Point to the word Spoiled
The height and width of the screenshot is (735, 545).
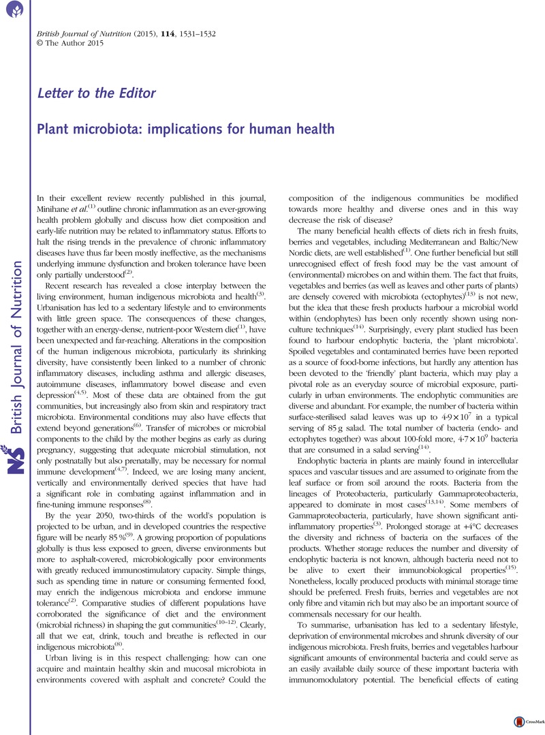[305, 330]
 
